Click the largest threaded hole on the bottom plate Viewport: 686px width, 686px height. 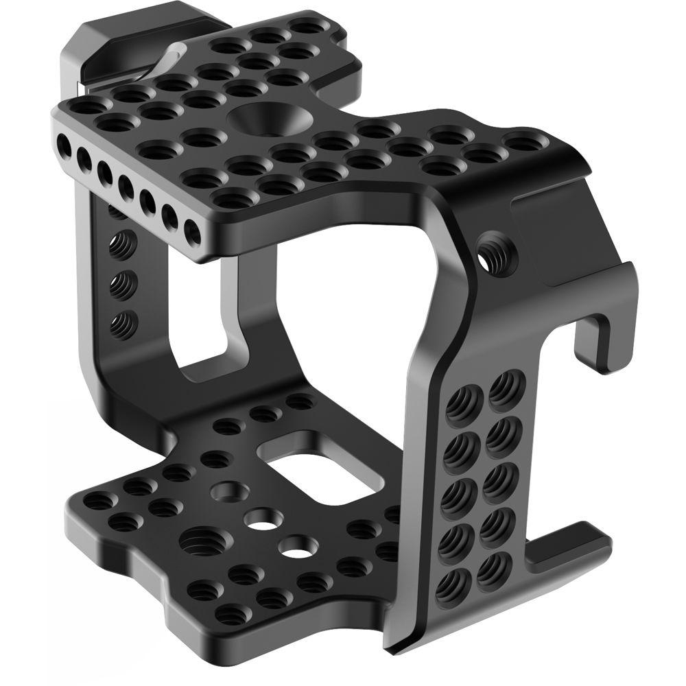pos(196,544)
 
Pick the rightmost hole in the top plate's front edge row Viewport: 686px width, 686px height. pos(193,234)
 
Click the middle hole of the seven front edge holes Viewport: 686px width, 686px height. pos(126,186)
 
